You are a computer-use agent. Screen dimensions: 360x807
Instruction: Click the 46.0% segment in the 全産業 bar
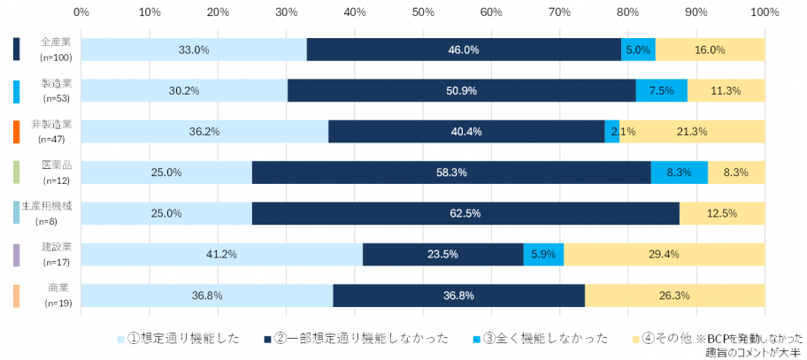tap(464, 50)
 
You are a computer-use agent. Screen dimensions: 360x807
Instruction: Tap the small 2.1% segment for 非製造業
tap(611, 131)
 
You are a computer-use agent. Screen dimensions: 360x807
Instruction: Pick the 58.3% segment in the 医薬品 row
tap(451, 172)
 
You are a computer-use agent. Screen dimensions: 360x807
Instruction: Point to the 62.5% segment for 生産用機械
tap(465, 213)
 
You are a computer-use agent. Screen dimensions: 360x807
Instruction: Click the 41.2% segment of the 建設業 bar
tap(221, 255)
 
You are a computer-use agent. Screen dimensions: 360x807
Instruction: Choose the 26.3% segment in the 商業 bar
tap(674, 295)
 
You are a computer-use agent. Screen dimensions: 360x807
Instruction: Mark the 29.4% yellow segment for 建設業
tap(664, 255)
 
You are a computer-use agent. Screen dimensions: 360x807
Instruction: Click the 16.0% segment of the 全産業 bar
tap(710, 50)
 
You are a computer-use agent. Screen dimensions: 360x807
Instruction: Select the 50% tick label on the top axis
tap(423, 13)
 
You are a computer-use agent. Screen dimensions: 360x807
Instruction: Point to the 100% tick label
tap(764, 13)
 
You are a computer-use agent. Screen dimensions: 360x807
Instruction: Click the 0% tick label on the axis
tap(81, 13)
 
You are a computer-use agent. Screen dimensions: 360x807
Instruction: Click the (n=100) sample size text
tap(58, 57)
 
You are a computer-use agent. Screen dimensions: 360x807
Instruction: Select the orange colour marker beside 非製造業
tap(17, 131)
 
